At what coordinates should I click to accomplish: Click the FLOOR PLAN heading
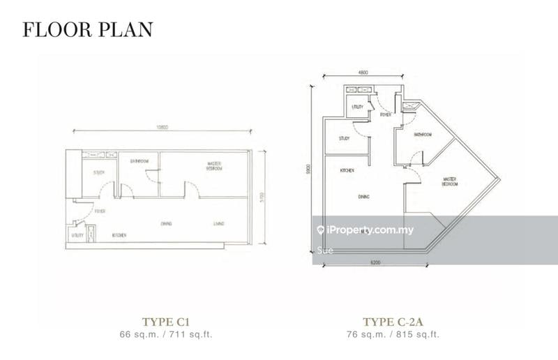point(87,29)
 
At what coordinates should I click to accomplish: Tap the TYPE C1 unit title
point(166,322)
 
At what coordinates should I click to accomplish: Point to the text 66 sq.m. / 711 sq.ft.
point(166,334)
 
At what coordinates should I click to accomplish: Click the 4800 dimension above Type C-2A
point(364,72)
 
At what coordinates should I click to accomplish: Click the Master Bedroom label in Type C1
point(214,167)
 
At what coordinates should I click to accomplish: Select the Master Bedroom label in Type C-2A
point(450,182)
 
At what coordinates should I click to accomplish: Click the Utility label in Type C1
point(77,236)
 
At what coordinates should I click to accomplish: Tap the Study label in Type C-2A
point(344,138)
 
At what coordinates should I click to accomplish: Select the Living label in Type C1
point(219,223)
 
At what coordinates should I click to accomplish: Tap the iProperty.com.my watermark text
point(370,230)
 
